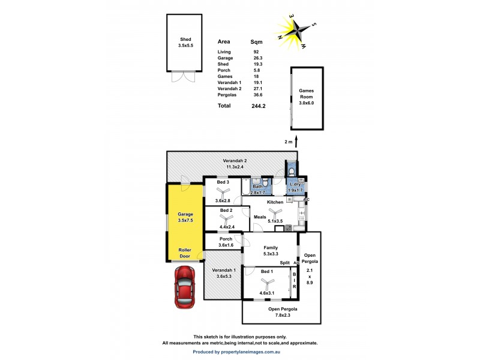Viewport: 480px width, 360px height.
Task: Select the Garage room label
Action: click(185, 214)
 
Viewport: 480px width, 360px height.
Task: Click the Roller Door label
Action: click(185, 253)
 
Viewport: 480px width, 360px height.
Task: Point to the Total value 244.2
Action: click(258, 106)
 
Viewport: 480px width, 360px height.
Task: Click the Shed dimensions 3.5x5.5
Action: click(185, 45)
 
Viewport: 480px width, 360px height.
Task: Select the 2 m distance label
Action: click(289, 142)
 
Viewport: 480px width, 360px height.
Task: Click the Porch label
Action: click(225, 239)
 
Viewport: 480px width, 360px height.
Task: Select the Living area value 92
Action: click(256, 52)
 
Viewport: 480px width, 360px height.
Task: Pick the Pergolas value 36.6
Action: click(258, 95)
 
